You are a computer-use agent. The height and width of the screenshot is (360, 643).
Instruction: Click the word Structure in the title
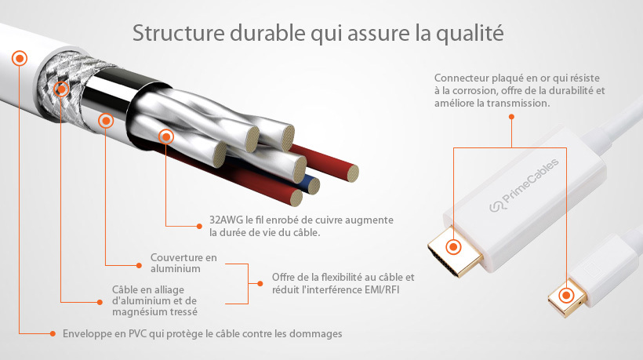click(178, 33)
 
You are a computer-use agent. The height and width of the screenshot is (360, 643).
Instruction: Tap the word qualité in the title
click(470, 34)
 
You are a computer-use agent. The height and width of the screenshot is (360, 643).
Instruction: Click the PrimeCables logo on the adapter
click(524, 185)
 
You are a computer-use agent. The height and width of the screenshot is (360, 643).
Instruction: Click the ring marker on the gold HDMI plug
click(453, 247)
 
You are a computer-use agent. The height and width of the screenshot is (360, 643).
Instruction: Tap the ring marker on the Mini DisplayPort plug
click(566, 295)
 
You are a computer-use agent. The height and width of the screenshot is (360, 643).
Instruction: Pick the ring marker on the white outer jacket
click(20, 59)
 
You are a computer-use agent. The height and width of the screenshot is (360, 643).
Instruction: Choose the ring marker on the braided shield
click(61, 89)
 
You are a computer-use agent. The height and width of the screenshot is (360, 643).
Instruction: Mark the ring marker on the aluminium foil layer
click(106, 121)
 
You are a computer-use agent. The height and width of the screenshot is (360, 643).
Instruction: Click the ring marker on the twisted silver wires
click(166, 136)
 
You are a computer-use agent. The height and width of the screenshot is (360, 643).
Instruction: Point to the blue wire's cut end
click(314, 186)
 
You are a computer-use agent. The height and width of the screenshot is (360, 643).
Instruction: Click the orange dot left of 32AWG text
click(199, 226)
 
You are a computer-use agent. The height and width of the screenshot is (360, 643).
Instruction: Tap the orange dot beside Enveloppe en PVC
click(53, 334)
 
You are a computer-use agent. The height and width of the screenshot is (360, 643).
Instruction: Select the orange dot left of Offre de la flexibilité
click(260, 284)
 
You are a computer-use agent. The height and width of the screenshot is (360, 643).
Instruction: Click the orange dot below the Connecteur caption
click(511, 117)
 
